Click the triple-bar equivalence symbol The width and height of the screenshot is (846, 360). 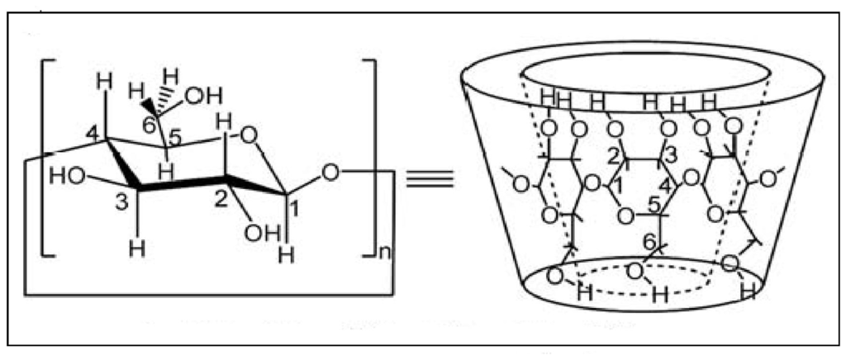point(430,179)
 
